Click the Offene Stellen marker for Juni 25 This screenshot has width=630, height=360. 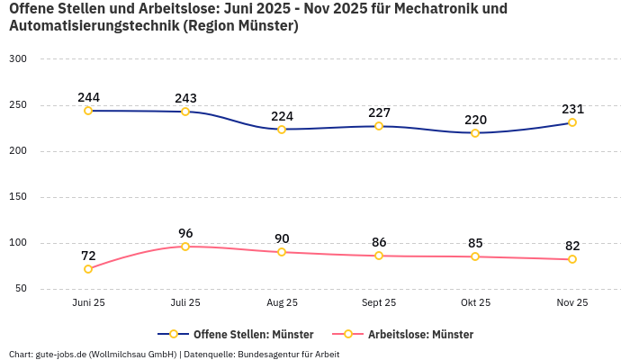point(88,111)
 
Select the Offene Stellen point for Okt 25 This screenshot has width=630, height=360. point(475,133)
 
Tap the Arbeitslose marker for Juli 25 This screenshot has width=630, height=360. point(185,247)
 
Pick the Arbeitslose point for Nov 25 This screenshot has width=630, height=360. point(572,259)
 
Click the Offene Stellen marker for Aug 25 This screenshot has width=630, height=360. point(282,130)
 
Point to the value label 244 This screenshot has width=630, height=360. point(88,97)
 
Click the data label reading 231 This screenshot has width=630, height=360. point(572,109)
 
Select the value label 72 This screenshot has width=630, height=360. point(88,256)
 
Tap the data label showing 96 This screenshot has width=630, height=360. point(185,233)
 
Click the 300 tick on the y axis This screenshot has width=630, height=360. point(18,58)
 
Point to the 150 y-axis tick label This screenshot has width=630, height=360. point(18,196)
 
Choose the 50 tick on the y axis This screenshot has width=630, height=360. point(21,289)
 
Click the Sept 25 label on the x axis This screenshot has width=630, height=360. point(379,303)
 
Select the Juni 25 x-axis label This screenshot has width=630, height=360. point(88,303)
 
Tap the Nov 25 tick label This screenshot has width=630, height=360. point(572,303)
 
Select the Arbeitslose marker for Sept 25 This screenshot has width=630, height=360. point(379,256)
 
